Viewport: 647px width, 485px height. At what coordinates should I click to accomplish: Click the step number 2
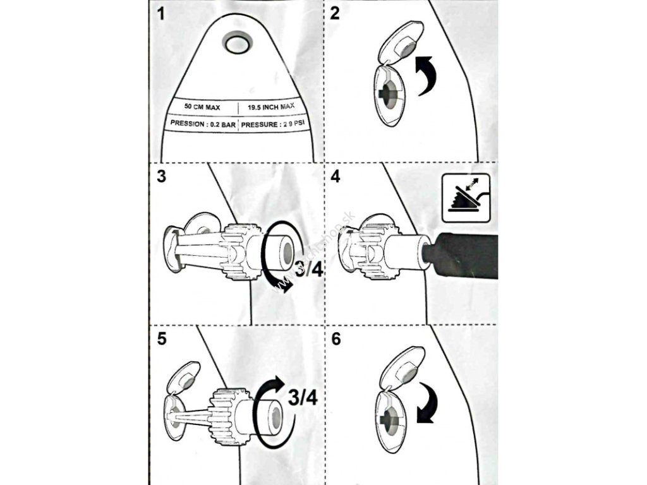[x=335, y=14]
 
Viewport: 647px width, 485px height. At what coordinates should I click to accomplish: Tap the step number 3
[x=162, y=176]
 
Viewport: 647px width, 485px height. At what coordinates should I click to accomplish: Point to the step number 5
[x=163, y=338]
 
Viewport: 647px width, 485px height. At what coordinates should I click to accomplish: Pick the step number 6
[x=336, y=338]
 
